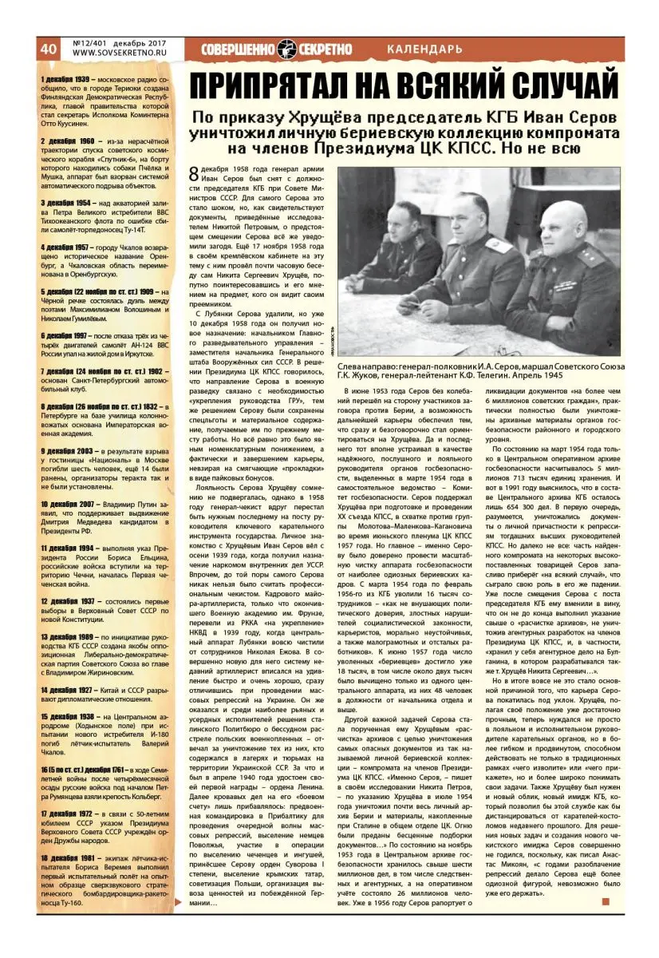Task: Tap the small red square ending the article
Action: coord(606,902)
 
